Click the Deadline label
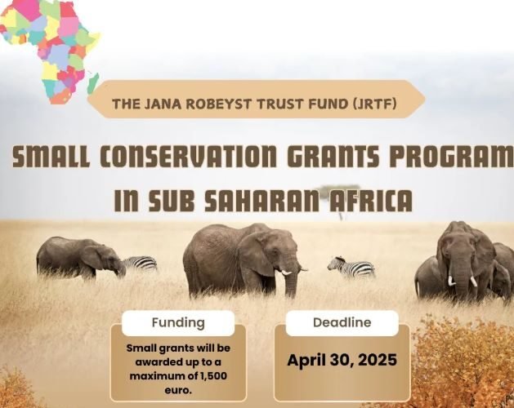pos(342,322)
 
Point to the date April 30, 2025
pos(342,360)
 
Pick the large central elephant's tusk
pos(285,271)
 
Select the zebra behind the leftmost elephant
pos(141,263)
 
